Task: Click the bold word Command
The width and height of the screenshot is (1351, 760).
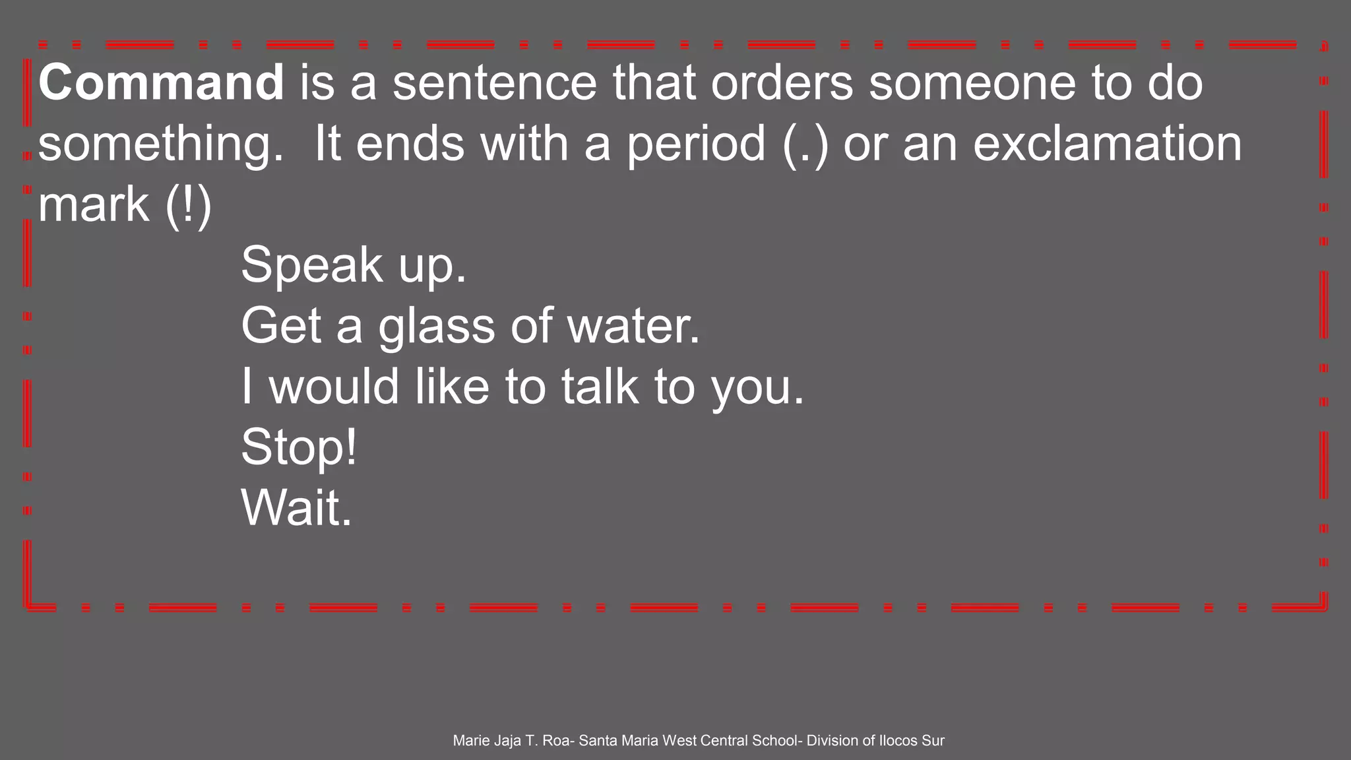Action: (x=161, y=82)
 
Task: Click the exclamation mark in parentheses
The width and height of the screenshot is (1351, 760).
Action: (x=188, y=205)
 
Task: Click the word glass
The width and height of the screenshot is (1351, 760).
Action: (x=436, y=326)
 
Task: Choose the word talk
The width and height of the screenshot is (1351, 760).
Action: (x=600, y=387)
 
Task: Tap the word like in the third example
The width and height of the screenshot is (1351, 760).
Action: (x=452, y=387)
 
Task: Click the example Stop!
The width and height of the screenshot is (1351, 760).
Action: (x=299, y=447)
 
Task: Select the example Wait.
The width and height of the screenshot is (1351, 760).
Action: (x=296, y=508)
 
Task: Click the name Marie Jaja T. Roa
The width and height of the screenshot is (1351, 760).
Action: (x=512, y=741)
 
